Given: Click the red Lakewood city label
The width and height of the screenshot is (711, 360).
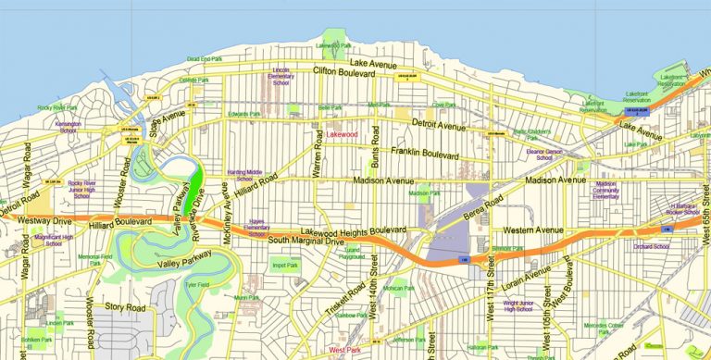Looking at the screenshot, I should pos(343,135).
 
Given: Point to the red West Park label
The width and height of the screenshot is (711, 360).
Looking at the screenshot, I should pos(344,350).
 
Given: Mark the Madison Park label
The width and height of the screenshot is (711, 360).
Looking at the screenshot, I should pos(424,192).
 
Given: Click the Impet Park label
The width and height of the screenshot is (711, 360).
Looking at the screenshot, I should pos(286,266).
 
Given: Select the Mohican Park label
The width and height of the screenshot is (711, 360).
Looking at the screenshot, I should pos(401,289).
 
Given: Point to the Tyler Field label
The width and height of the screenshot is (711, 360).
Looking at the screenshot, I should pos(196,286).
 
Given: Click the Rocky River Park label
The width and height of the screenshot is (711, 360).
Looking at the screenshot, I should pos(56,108).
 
